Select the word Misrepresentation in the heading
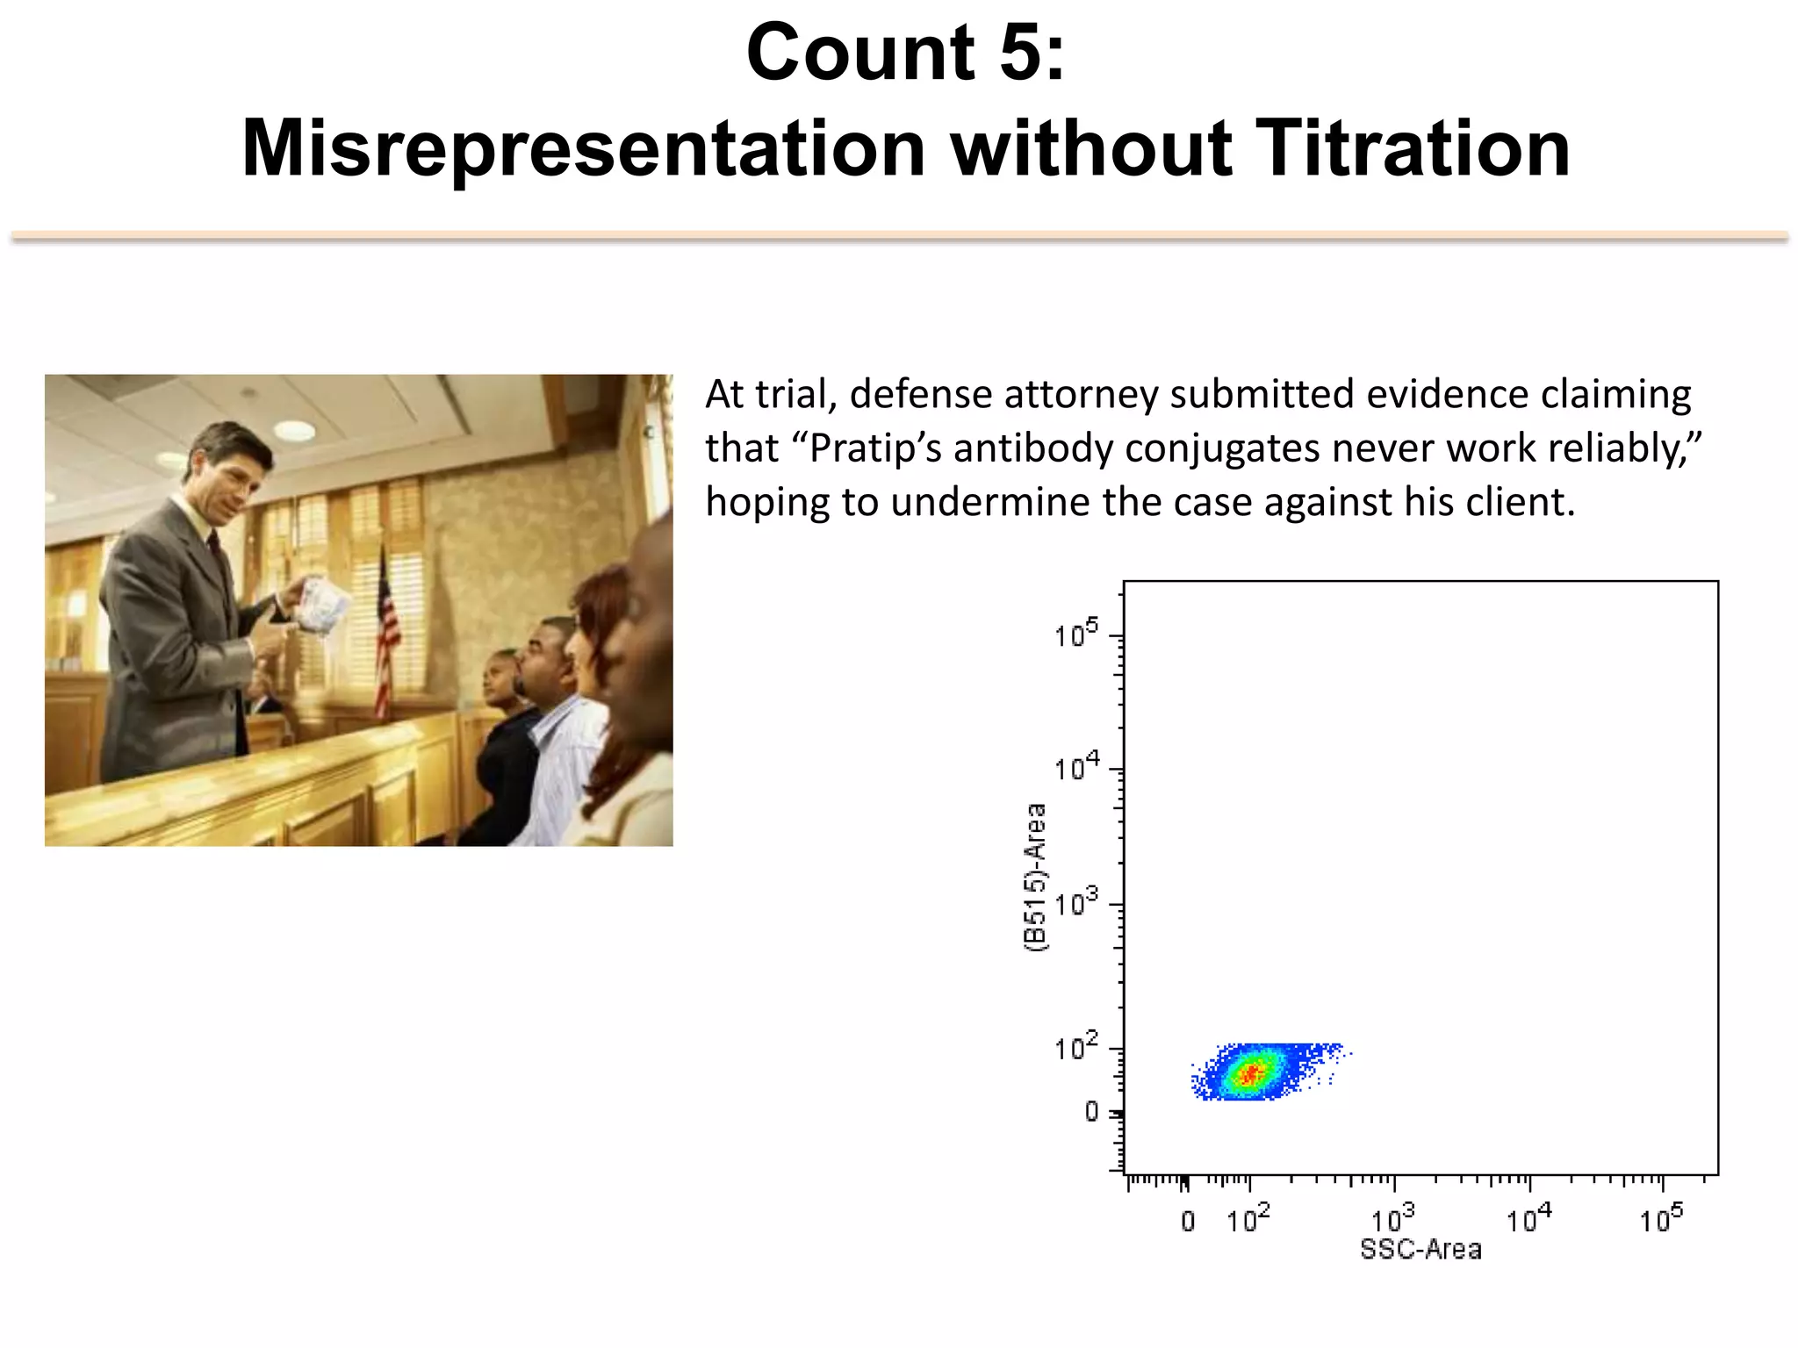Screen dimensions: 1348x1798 click(x=583, y=149)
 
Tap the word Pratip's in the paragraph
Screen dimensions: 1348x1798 click(x=874, y=449)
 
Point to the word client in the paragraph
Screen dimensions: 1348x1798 click(x=1529, y=503)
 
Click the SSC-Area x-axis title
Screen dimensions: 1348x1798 click(x=1420, y=1249)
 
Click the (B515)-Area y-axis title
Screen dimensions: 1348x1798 click(x=1037, y=877)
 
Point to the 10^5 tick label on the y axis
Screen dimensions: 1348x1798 click(x=1075, y=634)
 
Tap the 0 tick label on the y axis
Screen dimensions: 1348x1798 click(x=1091, y=1112)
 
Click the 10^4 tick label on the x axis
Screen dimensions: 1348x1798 click(x=1528, y=1219)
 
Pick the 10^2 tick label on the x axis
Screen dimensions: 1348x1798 click(x=1248, y=1219)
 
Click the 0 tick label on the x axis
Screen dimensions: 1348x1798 click(x=1188, y=1221)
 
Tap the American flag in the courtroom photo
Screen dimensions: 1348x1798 click(x=385, y=632)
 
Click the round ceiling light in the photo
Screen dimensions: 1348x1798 click(x=295, y=430)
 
